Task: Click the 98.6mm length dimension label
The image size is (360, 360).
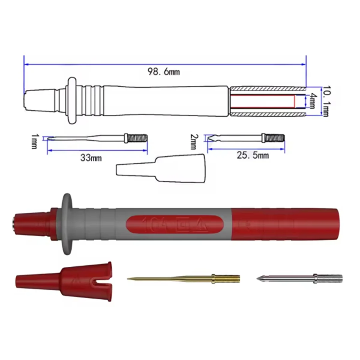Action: (x=163, y=72)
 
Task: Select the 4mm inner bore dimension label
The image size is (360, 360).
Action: (x=313, y=101)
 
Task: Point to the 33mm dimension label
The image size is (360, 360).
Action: (x=91, y=157)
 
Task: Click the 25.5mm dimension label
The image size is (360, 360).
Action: (x=253, y=155)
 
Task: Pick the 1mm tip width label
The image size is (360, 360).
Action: (x=35, y=142)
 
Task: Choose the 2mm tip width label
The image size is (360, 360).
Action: (x=194, y=142)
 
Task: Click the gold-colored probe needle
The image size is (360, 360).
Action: (x=180, y=278)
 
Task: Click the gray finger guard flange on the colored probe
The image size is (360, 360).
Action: (x=67, y=224)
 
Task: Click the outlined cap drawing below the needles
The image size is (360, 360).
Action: (x=160, y=169)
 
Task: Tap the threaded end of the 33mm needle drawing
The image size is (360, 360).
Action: (x=138, y=138)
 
